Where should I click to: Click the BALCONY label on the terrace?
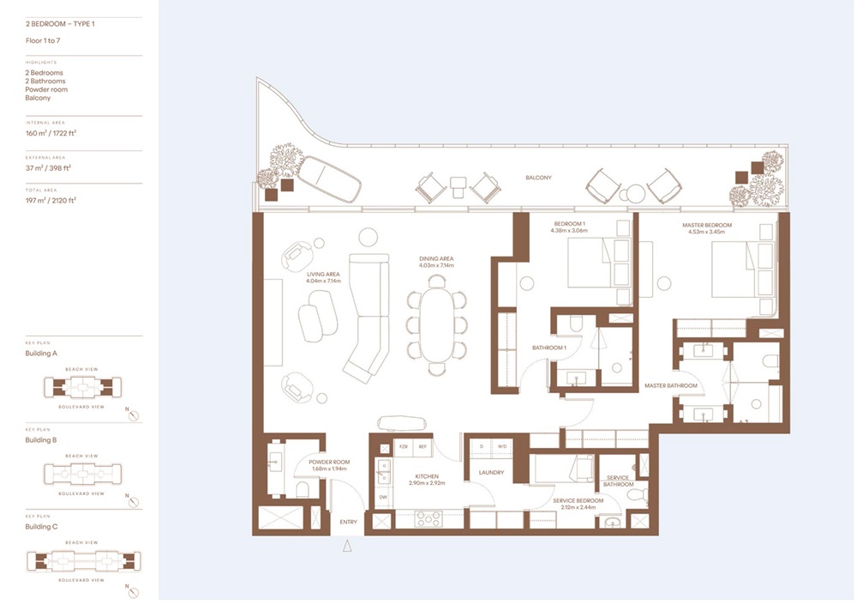coord(539,178)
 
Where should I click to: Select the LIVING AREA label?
coord(324,274)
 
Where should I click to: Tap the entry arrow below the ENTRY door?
coord(347,546)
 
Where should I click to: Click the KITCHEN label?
coord(426,476)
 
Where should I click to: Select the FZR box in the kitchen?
coord(403,447)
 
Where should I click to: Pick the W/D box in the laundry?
coord(501,447)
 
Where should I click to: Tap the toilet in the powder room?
coord(302,490)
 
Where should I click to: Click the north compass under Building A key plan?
coord(132,415)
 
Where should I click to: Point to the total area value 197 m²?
coord(51,200)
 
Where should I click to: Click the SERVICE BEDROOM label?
coord(578,500)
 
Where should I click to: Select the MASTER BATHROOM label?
coord(671,386)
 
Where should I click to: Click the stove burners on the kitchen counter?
coord(428,518)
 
